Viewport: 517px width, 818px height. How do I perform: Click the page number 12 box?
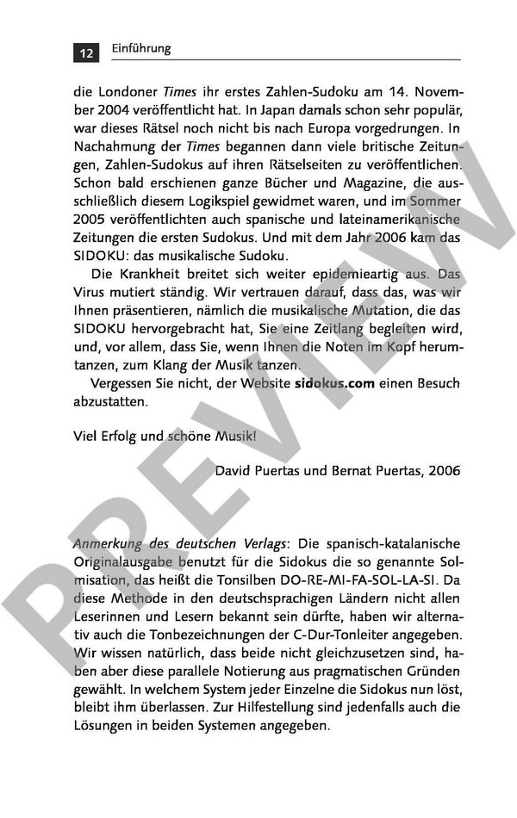tap(86, 53)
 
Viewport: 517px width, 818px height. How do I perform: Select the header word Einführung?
tap(141, 49)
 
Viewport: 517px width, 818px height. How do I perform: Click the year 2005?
tap(93, 221)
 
